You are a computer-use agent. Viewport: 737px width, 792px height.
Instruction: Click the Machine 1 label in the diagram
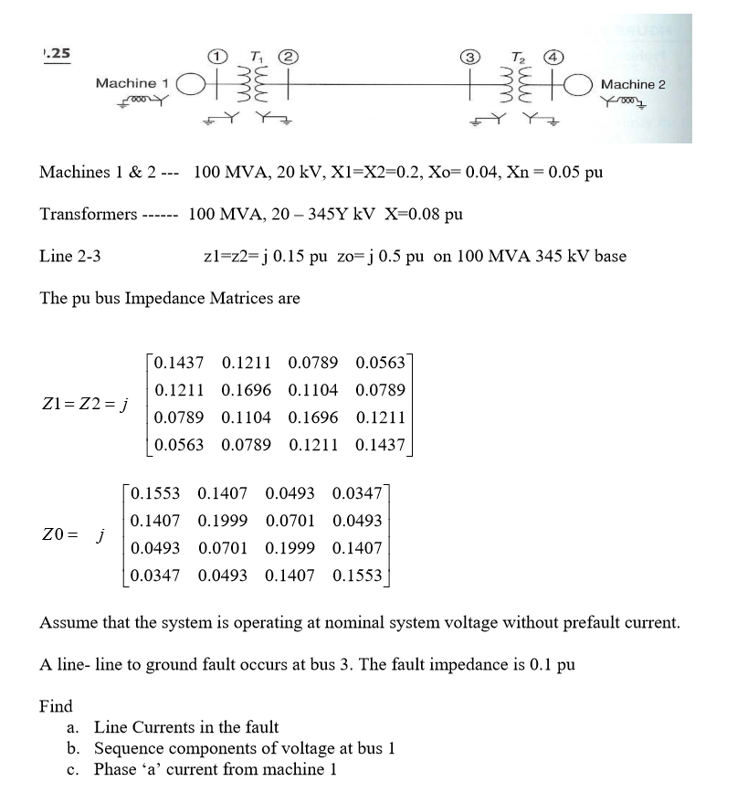[132, 84]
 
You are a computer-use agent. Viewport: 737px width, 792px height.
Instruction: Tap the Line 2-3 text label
[70, 256]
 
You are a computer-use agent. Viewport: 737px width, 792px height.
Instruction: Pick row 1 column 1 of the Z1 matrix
[179, 363]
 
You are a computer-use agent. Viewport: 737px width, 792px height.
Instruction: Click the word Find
[56, 706]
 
